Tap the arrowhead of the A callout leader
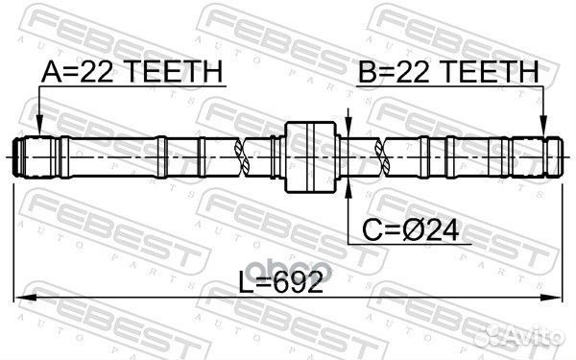(37, 131)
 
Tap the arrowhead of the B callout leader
(542, 131)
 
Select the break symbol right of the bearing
(385, 156)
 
